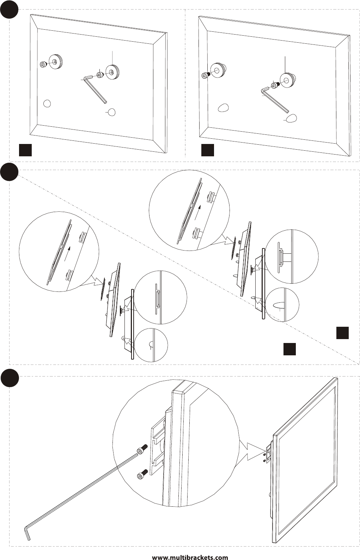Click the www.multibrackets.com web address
tap(190, 557)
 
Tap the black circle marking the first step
tap(9, 9)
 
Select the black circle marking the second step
tap(9, 172)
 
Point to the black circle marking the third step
tap(10, 378)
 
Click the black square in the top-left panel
tap(25, 150)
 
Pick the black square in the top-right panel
tap(208, 150)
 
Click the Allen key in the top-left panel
tap(95, 89)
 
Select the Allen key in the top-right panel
tap(275, 99)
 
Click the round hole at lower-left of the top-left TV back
tap(47, 103)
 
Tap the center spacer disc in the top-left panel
tap(112, 72)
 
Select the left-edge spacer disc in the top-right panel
tap(218, 71)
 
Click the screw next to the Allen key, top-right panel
tap(275, 85)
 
